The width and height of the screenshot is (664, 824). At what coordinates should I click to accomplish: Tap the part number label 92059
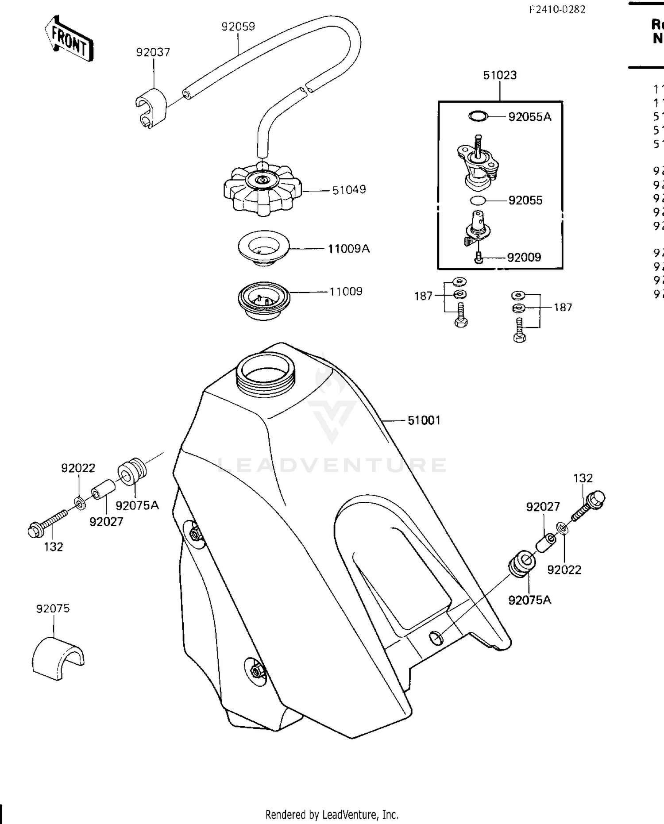pos(238,27)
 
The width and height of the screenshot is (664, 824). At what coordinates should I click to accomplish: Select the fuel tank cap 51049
pos(263,189)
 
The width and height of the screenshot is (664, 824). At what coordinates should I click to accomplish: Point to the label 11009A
pos(348,249)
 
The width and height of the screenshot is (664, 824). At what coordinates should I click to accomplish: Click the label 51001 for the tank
pos(424,420)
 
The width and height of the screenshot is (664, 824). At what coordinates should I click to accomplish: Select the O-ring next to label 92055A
pos(478,116)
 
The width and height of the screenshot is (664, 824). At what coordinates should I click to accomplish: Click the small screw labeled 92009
pos(478,258)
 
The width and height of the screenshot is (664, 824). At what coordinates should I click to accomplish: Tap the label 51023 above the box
pos(500,75)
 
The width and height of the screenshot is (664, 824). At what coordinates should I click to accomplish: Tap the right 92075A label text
pos(529,600)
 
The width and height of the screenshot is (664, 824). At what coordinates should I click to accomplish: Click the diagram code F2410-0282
pos(557,9)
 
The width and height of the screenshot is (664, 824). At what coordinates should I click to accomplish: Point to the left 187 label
pos(423,296)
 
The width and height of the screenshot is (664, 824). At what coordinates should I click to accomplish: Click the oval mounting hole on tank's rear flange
pos(436,638)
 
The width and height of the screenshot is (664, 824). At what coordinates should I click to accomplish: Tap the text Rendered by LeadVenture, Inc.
pos(332,814)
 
